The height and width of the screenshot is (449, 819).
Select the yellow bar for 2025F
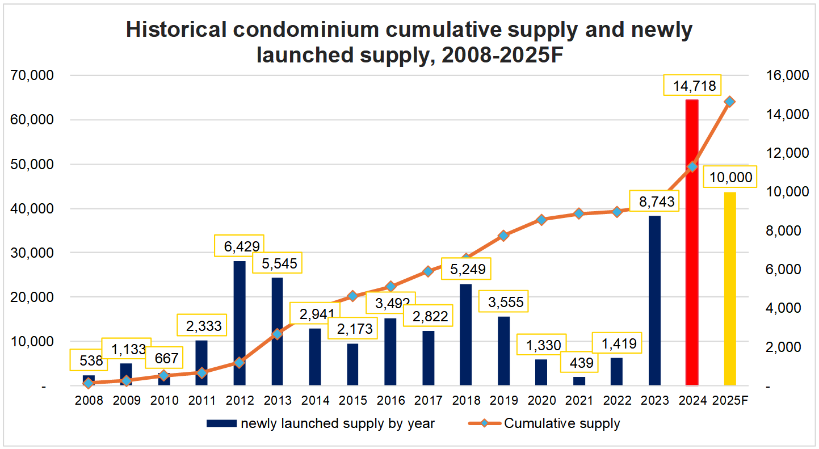tap(730, 289)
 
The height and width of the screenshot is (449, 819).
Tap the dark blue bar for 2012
tap(240, 323)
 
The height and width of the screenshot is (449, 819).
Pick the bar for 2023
tap(654, 300)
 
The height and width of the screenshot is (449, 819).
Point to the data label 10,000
tap(729, 178)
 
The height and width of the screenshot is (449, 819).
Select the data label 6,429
tap(239, 246)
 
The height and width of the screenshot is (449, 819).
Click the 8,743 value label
tap(654, 201)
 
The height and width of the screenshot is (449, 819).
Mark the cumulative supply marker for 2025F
tap(730, 101)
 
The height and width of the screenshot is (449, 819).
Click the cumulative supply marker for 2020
tap(541, 220)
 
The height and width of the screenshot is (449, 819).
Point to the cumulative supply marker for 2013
tap(277, 334)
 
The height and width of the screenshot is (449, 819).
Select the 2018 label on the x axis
tap(466, 400)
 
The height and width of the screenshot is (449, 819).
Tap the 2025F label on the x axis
tap(730, 400)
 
